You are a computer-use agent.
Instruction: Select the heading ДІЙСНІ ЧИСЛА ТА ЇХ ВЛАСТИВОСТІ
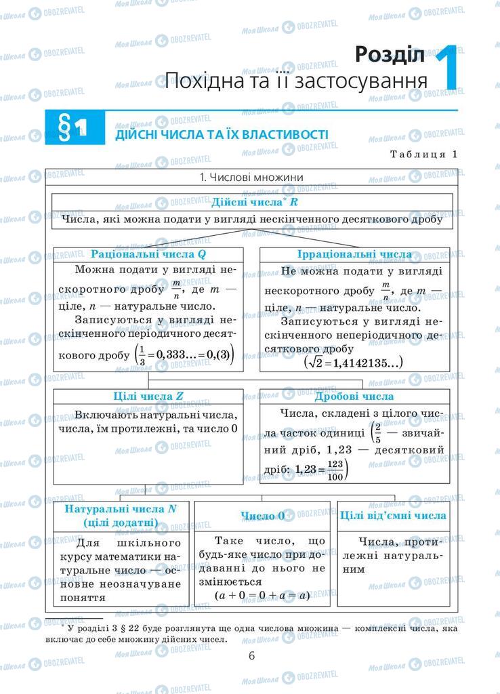pos(222,134)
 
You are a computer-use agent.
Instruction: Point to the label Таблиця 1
pos(423,154)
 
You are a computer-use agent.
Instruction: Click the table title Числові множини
pos(251,178)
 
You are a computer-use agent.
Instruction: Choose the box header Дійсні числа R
pos(254,202)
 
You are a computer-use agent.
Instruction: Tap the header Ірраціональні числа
pos(354,254)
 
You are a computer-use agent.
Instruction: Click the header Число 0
pos(262,516)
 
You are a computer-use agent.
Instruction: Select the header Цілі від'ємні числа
pos(393,516)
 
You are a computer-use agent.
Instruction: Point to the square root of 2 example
pos(353,363)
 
